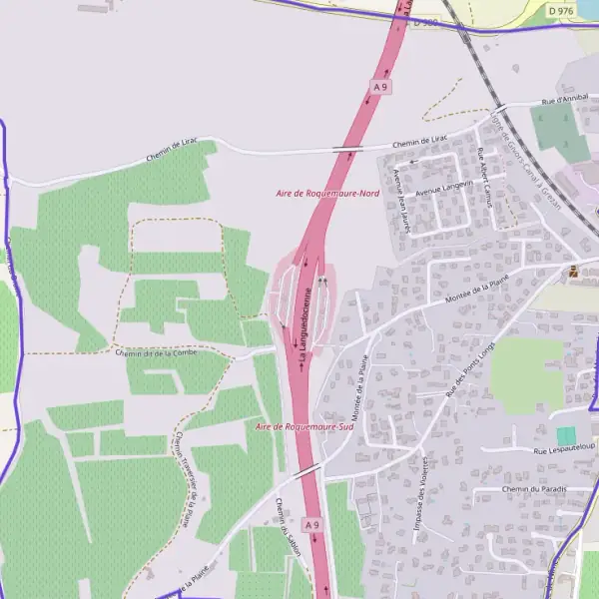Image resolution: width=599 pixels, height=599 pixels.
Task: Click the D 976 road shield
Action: click(x=560, y=10)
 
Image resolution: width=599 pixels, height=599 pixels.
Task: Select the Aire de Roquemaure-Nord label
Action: click(x=327, y=192)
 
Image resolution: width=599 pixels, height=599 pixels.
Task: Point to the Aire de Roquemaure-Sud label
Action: click(x=304, y=426)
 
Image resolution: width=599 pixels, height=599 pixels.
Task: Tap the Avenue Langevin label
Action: click(x=443, y=187)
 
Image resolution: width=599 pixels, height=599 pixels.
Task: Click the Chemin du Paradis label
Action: click(x=534, y=489)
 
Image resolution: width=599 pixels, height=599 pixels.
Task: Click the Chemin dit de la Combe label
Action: click(x=156, y=352)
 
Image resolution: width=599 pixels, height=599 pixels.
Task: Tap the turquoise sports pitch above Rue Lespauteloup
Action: click(x=566, y=436)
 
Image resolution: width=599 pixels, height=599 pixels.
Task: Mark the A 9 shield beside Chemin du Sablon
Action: click(x=312, y=524)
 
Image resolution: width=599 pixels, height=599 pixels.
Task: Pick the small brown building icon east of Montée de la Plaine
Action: click(x=573, y=271)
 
